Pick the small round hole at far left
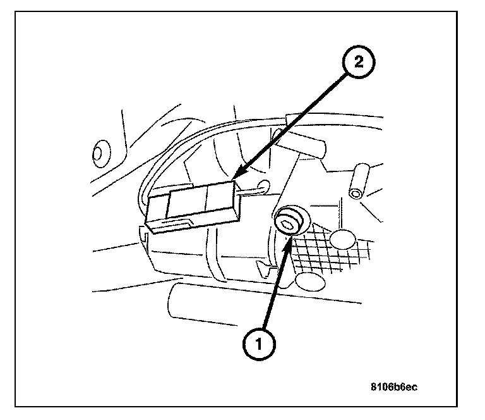tap(99, 153)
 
